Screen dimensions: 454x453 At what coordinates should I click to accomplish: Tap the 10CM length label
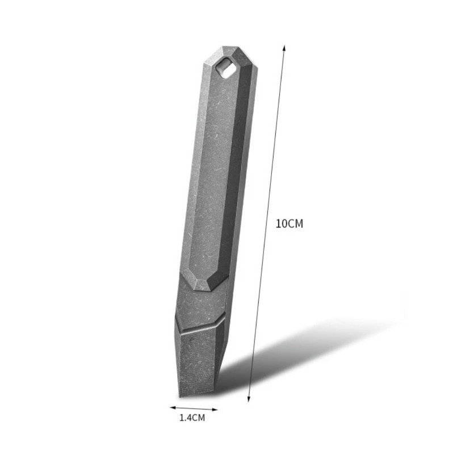290,223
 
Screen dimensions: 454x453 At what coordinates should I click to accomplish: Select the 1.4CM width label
191,418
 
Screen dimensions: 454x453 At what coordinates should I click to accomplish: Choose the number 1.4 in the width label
186,418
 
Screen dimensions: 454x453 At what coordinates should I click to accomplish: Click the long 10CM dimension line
267,222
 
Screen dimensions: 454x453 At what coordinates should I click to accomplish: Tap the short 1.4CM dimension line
194,408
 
